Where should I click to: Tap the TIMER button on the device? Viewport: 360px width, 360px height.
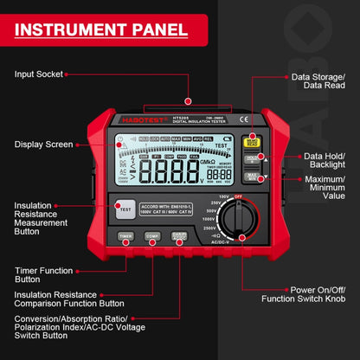click(125, 235)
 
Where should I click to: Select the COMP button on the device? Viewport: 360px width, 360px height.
click(151, 235)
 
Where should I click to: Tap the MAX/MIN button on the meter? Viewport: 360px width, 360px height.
click(253, 177)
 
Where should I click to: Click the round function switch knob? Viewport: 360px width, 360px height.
click(235, 218)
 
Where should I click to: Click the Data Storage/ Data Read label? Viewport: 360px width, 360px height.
click(318, 80)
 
